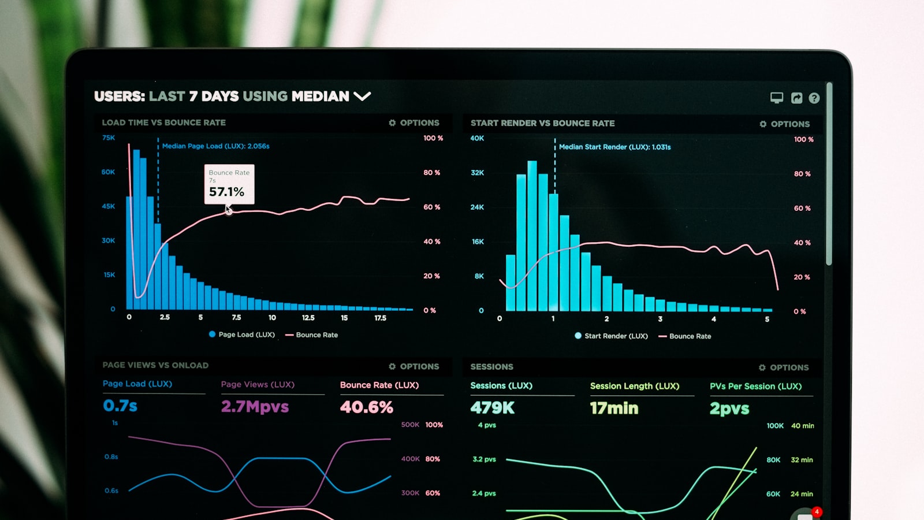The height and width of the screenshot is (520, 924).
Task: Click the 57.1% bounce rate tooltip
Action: (x=229, y=184)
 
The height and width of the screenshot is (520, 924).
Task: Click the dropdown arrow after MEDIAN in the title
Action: (x=362, y=96)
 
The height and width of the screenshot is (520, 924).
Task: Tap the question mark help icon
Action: (x=814, y=98)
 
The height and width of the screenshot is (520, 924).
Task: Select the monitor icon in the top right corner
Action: (x=777, y=98)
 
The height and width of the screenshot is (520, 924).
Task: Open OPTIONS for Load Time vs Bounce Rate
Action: (x=414, y=122)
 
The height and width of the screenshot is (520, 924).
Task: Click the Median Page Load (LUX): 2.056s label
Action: (x=215, y=146)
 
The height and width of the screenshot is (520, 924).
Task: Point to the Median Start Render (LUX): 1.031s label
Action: (x=614, y=147)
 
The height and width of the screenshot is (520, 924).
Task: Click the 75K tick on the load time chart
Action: (x=109, y=138)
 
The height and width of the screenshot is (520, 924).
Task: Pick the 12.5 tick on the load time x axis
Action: (x=308, y=318)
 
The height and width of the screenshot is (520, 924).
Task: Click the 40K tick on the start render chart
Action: (x=477, y=138)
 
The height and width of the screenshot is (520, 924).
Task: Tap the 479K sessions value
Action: (x=492, y=408)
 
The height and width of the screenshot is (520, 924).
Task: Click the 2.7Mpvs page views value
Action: (x=255, y=407)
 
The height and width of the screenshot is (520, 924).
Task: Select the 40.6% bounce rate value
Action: (x=366, y=407)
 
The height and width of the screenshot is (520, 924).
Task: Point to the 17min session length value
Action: (x=614, y=408)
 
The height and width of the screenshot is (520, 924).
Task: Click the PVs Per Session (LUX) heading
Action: (x=755, y=386)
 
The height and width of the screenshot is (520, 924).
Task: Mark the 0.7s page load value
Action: (x=120, y=406)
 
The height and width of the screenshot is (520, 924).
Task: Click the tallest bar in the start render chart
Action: (x=532, y=237)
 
